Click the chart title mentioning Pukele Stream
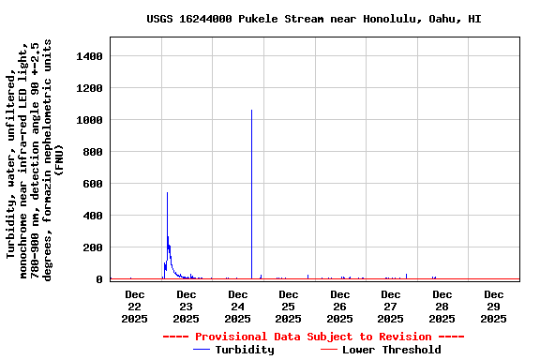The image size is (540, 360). pos(314,19)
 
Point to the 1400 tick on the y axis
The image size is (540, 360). pos(85,56)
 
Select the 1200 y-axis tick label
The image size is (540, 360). pos(85,88)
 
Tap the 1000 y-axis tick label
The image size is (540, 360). pos(85,120)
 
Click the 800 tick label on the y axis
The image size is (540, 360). pos(89,152)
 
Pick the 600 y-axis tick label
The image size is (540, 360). pos(89,184)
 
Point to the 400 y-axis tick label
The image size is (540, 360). pos(89,216)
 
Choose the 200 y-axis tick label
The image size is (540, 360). pos(89,247)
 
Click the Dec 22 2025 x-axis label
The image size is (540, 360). pos(134,306)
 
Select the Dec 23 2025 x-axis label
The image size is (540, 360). pos(186,306)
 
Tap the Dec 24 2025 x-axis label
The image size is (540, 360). pos(237,306)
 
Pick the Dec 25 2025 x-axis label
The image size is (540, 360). pos(288,306)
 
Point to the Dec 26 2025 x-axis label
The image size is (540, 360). pos(339,306)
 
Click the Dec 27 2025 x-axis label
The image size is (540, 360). pos(391,306)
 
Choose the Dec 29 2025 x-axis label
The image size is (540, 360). pos(493,306)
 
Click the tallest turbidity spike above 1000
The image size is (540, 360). pos(251,112)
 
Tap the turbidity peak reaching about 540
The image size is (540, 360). pos(167,195)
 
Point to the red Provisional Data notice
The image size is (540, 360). pos(313,337)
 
